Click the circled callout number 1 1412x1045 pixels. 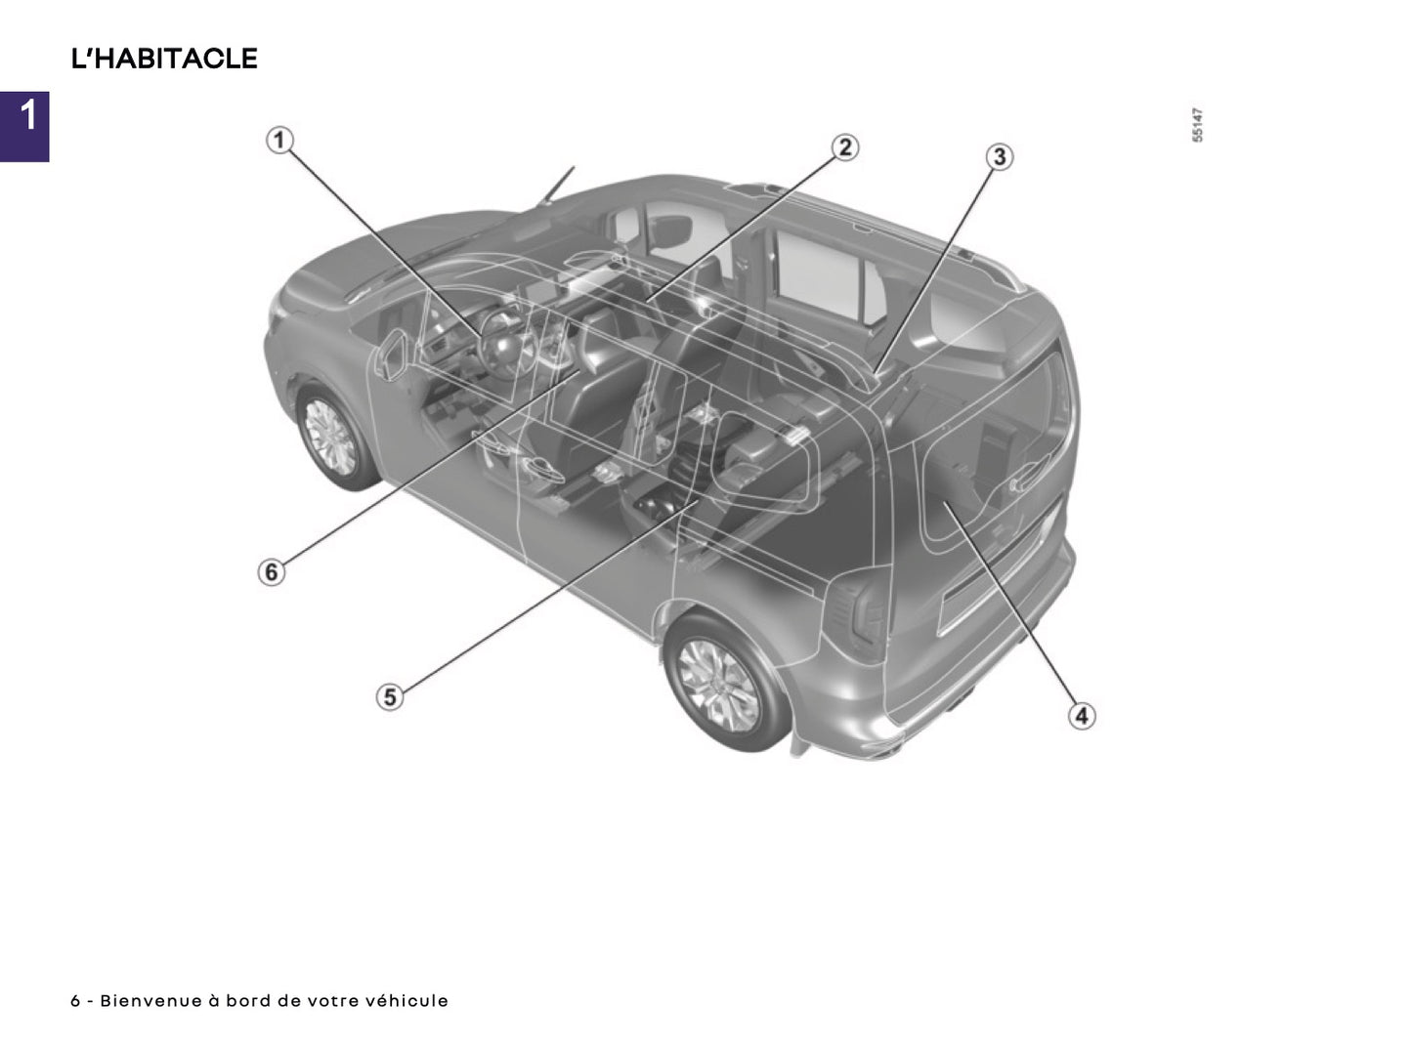click(279, 141)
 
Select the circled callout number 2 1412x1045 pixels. click(844, 147)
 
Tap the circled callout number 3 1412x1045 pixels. click(998, 156)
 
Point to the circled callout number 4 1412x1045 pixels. click(1080, 716)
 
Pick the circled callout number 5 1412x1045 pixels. click(390, 697)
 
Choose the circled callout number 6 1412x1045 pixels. click(272, 571)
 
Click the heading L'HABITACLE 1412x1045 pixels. click(164, 59)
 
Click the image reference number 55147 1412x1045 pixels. click(1197, 126)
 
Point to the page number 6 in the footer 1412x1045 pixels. click(75, 1001)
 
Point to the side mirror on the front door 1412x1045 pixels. click(392, 354)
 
